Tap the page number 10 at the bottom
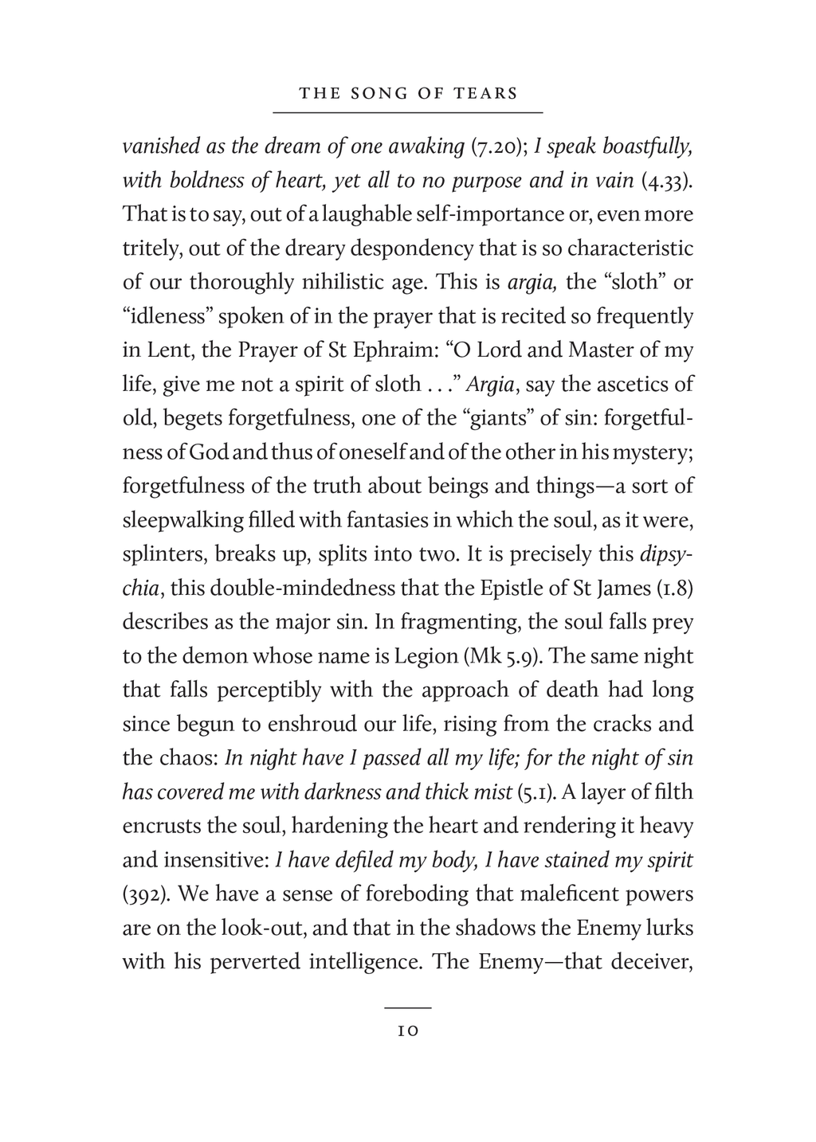click(407, 1031)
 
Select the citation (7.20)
click(498, 147)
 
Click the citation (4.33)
click(667, 181)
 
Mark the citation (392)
click(145, 894)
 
